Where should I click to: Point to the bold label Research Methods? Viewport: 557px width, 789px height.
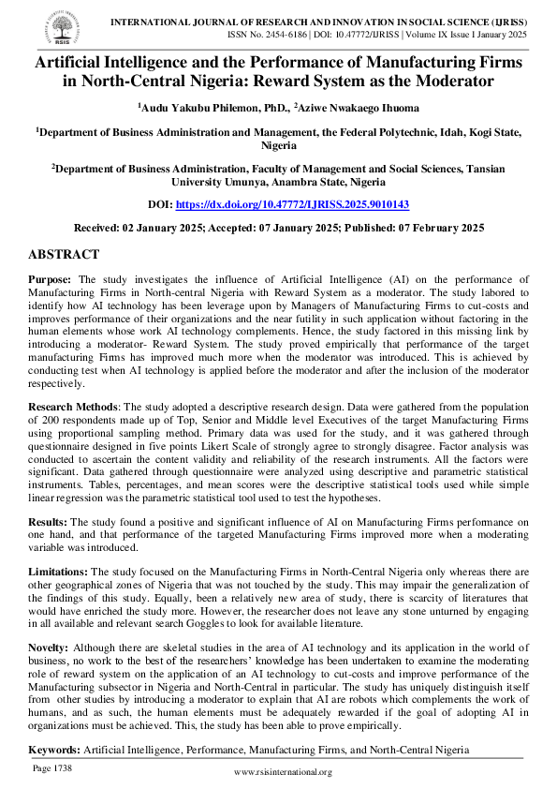[x=71, y=408]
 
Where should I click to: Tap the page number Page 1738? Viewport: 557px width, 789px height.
[x=52, y=768]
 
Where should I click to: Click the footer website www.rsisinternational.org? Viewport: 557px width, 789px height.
[x=282, y=772]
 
